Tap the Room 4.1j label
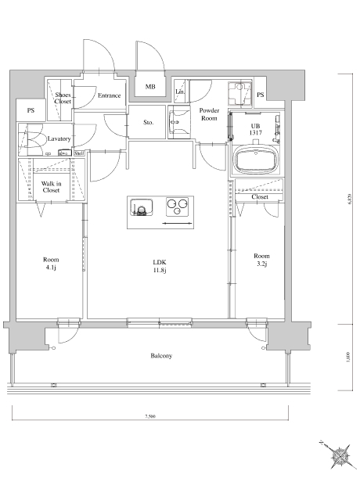coord(51,264)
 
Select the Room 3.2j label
coord(261,261)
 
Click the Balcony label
coord(161,356)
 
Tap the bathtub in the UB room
coord(256,163)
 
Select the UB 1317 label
coord(255,129)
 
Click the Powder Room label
coord(208,114)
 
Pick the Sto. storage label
coord(149,123)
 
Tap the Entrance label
coord(109,95)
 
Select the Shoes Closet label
coord(63,98)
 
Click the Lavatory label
coord(59,138)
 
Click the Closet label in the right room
coord(260,197)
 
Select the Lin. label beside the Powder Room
coord(179,92)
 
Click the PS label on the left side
coord(31,110)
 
